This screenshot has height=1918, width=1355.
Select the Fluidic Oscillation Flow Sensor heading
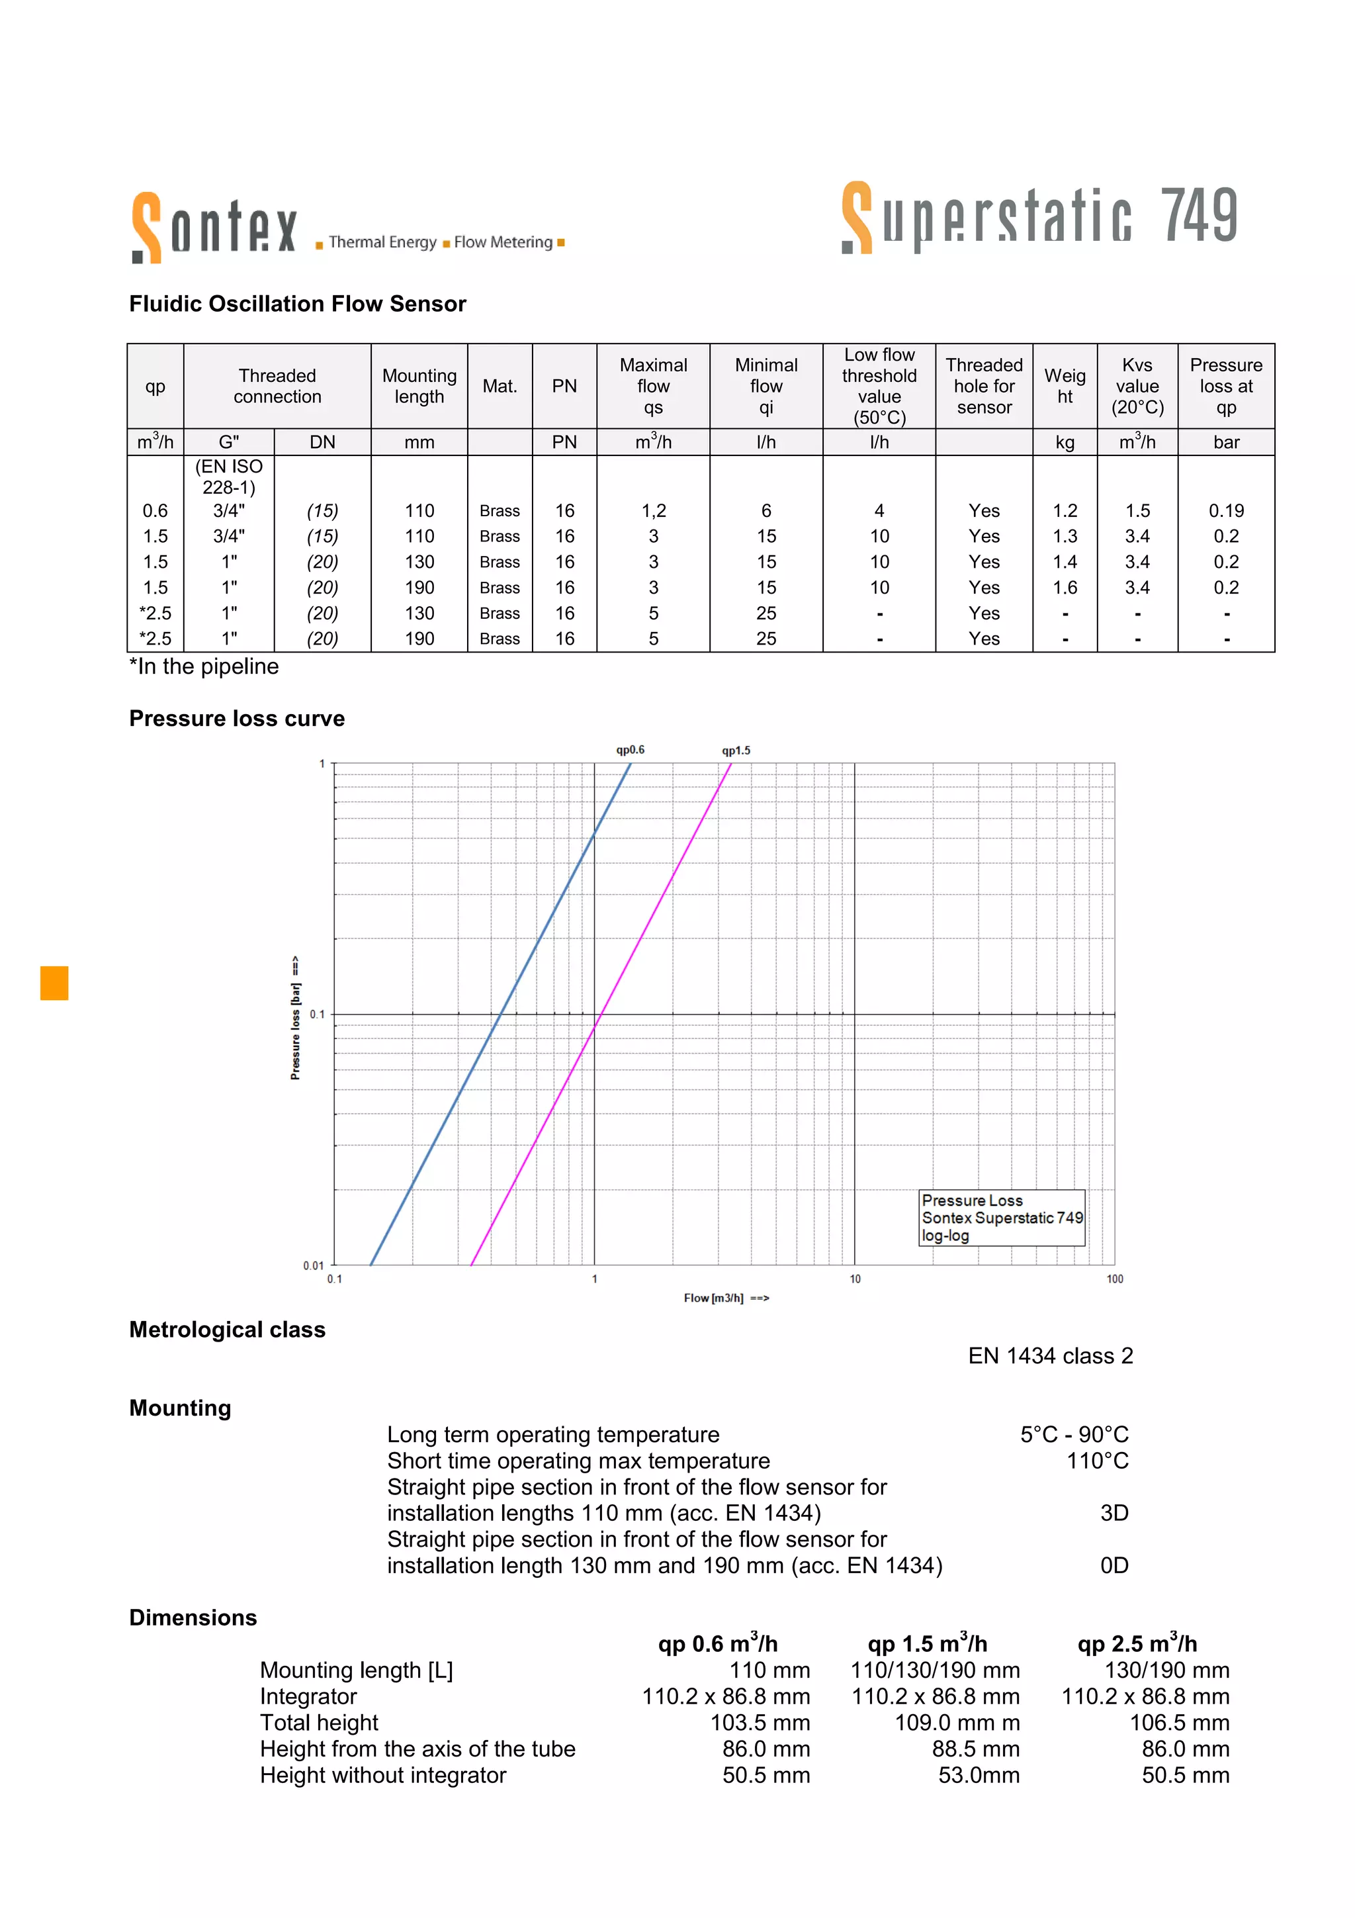(x=297, y=304)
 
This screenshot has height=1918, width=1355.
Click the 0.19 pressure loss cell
(x=1225, y=510)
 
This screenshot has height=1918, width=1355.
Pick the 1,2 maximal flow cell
(x=653, y=510)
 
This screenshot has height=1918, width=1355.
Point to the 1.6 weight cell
(x=1065, y=587)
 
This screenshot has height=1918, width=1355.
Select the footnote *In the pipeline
(x=204, y=666)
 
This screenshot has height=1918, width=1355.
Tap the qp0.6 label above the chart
(x=631, y=749)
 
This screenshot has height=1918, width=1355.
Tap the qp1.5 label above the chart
(x=736, y=750)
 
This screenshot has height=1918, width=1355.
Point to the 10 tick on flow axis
(x=855, y=1279)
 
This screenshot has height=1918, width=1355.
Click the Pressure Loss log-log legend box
(x=1001, y=1217)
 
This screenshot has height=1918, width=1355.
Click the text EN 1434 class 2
(x=1049, y=1356)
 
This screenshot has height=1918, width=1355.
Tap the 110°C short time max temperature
(x=1096, y=1461)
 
